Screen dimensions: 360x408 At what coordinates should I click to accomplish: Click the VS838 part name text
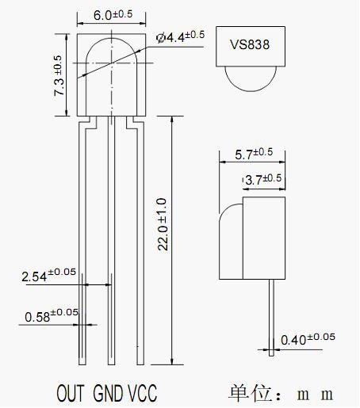[250, 44]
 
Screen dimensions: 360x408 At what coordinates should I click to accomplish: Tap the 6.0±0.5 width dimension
[113, 14]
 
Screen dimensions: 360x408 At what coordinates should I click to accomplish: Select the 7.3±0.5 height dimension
[58, 75]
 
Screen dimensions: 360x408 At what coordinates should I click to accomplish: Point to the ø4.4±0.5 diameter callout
[180, 36]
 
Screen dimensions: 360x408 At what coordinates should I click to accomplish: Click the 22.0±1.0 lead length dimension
[162, 224]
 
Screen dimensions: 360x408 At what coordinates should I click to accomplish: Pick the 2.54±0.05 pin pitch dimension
[48, 275]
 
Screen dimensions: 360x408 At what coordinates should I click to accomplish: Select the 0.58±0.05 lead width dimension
[52, 315]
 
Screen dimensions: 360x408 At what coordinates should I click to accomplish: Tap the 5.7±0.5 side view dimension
[254, 154]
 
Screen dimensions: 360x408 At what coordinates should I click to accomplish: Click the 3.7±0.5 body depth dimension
[263, 179]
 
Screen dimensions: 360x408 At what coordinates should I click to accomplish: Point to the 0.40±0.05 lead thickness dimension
[308, 339]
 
